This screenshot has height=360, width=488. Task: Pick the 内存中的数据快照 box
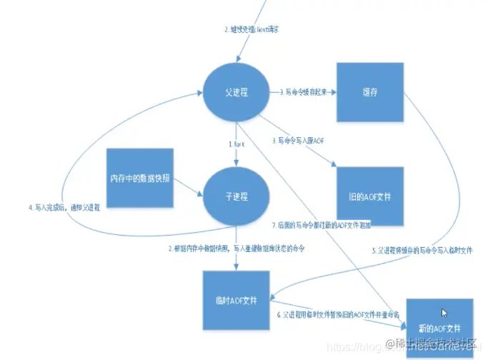point(140,177)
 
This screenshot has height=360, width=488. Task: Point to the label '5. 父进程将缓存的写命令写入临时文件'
point(422,251)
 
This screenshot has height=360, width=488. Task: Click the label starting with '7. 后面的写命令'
point(312,226)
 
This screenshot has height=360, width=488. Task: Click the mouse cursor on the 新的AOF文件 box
point(445,312)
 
